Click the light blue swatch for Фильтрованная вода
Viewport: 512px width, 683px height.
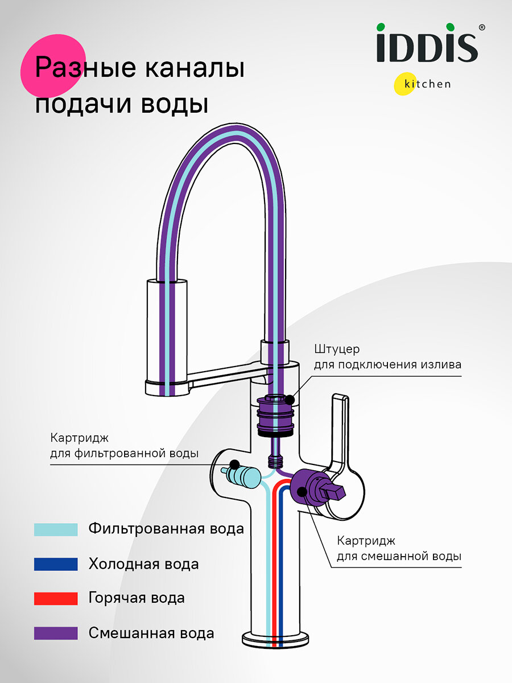[55, 529]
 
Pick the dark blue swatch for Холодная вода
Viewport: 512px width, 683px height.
[55, 564]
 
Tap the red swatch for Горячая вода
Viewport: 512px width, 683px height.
[55, 598]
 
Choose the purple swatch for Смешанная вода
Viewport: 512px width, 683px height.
[55, 633]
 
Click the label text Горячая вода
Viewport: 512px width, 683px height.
[137, 598]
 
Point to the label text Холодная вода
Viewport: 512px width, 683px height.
[143, 564]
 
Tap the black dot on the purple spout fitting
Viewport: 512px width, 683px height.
[291, 400]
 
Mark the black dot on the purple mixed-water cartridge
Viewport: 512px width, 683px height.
[302, 491]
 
